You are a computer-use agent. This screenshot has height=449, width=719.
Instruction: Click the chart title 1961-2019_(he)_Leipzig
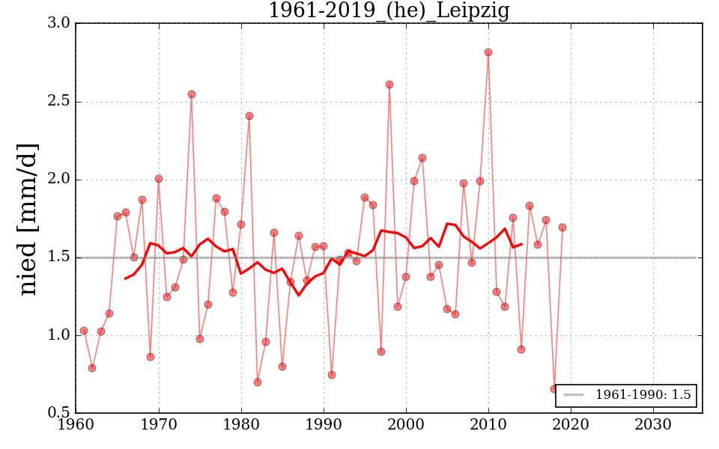coord(389,10)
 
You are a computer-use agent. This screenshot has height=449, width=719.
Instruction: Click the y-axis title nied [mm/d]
coord(28,219)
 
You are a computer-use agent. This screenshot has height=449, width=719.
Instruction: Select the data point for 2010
coord(488,52)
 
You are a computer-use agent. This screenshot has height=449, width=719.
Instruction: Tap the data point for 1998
coord(389,85)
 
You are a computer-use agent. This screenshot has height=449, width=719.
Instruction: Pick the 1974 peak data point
coord(192,94)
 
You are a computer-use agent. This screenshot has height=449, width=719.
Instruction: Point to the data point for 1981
coord(249,116)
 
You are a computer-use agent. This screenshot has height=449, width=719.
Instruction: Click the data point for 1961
coord(84,331)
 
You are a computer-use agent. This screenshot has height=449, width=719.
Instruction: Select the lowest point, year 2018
coord(554,389)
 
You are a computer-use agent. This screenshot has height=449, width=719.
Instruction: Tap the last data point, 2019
coord(562,227)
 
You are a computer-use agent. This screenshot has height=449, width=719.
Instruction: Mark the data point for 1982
coord(258,382)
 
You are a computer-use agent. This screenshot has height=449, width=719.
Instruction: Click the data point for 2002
coord(422,158)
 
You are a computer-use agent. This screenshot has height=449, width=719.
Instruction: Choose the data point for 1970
coord(159,179)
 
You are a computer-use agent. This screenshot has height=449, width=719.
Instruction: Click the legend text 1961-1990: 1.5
coord(643,395)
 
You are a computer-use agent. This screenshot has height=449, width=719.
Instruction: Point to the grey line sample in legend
coord(574,395)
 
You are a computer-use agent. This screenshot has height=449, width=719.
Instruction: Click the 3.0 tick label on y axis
coord(60,24)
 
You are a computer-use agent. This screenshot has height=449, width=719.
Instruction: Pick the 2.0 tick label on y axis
coord(60,180)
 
